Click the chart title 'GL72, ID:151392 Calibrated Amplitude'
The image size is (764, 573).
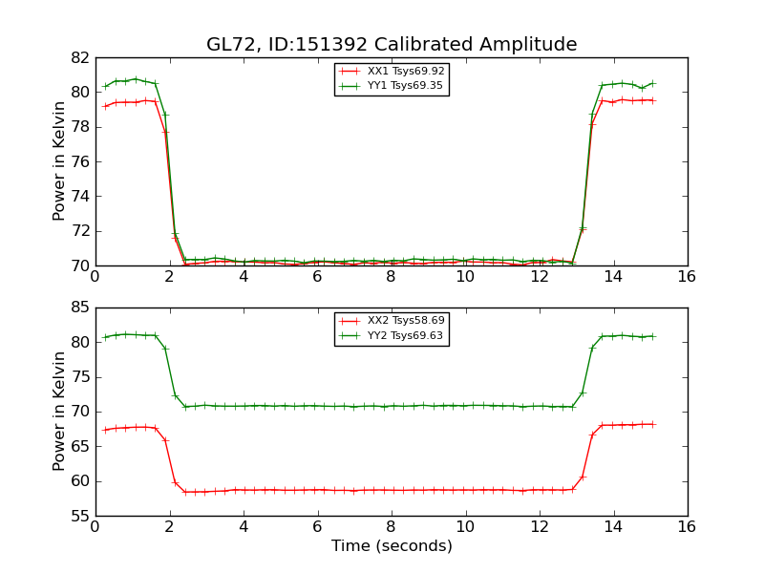click(392, 45)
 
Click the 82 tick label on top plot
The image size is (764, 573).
click(79, 58)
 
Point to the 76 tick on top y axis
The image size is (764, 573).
click(79, 161)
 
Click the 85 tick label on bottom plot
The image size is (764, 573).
click(79, 308)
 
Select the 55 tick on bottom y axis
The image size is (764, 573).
click(79, 516)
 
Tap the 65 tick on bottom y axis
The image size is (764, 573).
click(79, 447)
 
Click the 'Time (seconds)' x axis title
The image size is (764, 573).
click(392, 546)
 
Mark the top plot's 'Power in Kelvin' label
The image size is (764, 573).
click(60, 161)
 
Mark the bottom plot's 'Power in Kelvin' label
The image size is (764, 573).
click(60, 411)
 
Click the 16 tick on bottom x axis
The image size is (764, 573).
click(688, 526)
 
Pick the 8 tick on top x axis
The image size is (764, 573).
click(392, 276)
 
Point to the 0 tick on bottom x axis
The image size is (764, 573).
click(95, 526)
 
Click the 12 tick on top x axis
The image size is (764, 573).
click(540, 276)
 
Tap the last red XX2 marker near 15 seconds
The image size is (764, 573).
click(652, 424)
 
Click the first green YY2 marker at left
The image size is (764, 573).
click(105, 337)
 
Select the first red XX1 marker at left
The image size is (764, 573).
click(105, 106)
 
